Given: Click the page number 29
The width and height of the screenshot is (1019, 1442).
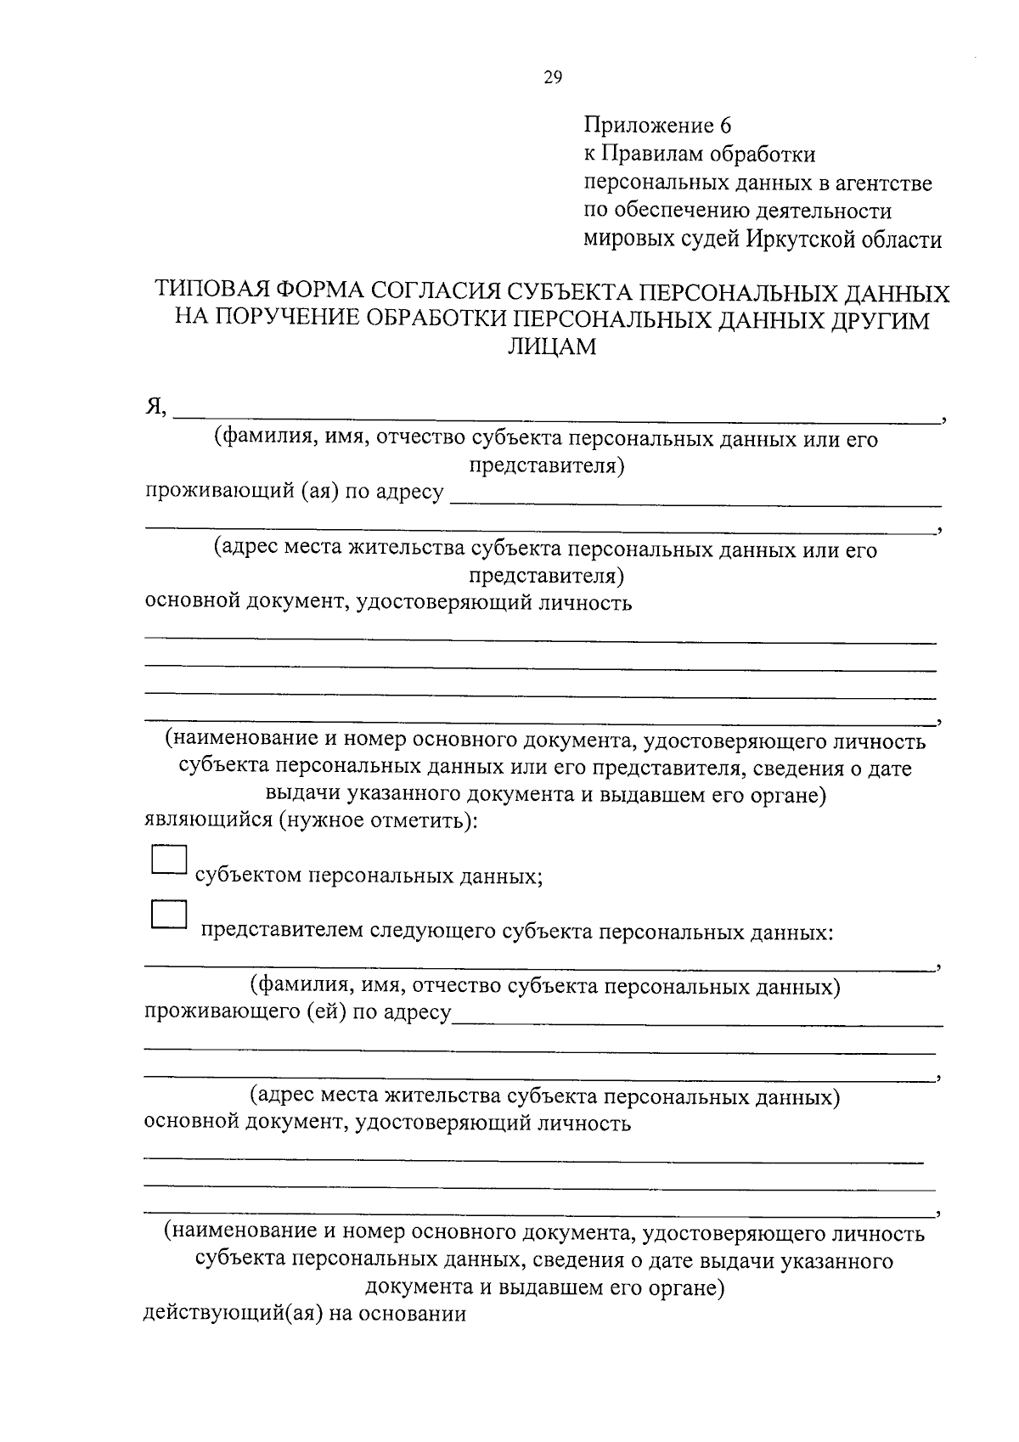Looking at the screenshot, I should (x=552, y=78).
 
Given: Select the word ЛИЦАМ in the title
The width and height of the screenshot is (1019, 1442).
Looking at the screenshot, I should (x=552, y=346).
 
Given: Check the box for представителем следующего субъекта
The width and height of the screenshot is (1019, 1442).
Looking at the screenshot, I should (x=168, y=915).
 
